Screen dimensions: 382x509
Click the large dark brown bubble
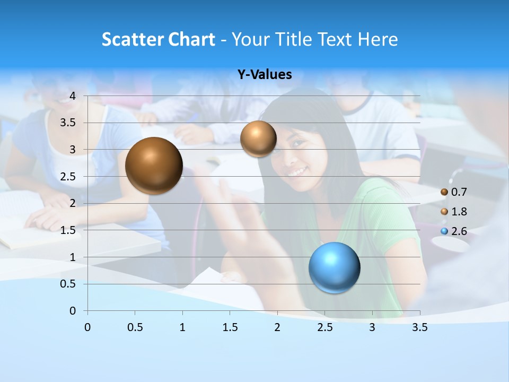pyautogui.click(x=154, y=166)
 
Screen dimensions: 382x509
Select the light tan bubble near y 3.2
pyautogui.click(x=258, y=138)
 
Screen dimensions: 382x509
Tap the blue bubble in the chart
pyautogui.click(x=334, y=267)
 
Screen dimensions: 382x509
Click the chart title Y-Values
pyautogui.click(x=265, y=75)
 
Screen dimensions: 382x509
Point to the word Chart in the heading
pyautogui.click(x=191, y=39)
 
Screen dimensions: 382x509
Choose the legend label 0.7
pyautogui.click(x=459, y=192)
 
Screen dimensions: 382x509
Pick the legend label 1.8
pyautogui.click(x=459, y=212)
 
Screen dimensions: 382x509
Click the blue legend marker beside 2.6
pyautogui.click(x=444, y=231)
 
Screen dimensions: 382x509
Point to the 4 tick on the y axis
pyautogui.click(x=73, y=96)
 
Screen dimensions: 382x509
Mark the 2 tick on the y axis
pyautogui.click(x=73, y=203)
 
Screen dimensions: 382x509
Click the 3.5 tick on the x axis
pyautogui.click(x=419, y=328)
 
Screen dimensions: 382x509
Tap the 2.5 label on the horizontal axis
pyautogui.click(x=324, y=328)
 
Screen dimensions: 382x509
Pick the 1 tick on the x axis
pyautogui.click(x=182, y=328)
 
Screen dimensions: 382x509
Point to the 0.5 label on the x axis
pyautogui.click(x=135, y=328)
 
